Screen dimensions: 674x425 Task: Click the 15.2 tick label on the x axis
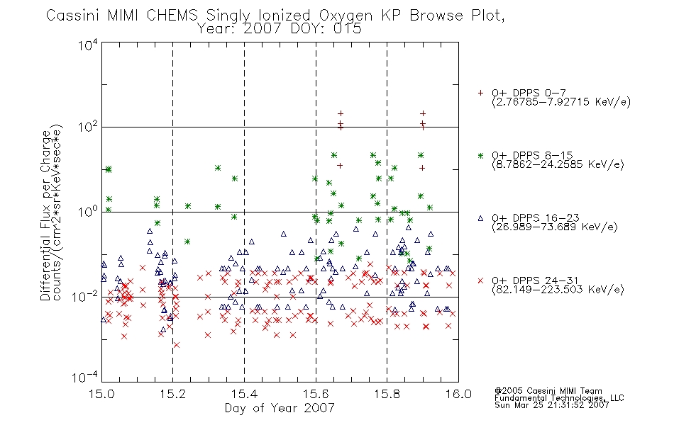pos(173,394)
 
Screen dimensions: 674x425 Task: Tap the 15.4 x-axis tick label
pos(244,394)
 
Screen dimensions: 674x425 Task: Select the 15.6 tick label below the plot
pos(316,394)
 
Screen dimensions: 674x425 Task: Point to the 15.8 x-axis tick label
pos(387,394)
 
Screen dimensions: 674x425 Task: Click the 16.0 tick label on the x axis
pos(458,394)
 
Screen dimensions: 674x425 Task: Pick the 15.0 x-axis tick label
pos(101,394)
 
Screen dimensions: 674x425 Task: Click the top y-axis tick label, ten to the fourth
pos(88,45)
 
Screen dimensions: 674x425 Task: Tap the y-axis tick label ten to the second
pos(88,127)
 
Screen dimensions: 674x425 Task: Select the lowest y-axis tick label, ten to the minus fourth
pos(85,377)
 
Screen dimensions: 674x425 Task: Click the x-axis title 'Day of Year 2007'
pos(280,408)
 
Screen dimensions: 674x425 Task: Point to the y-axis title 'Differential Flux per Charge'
pos(45,215)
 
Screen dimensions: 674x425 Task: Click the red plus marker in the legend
pos(480,93)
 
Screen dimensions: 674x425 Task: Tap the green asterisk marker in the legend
pos(480,155)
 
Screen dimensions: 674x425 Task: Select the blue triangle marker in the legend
pos(480,218)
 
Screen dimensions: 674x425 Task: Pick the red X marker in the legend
pos(480,280)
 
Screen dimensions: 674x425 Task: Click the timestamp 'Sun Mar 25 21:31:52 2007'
pos(551,405)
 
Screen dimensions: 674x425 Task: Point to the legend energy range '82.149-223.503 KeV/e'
pos(558,290)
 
